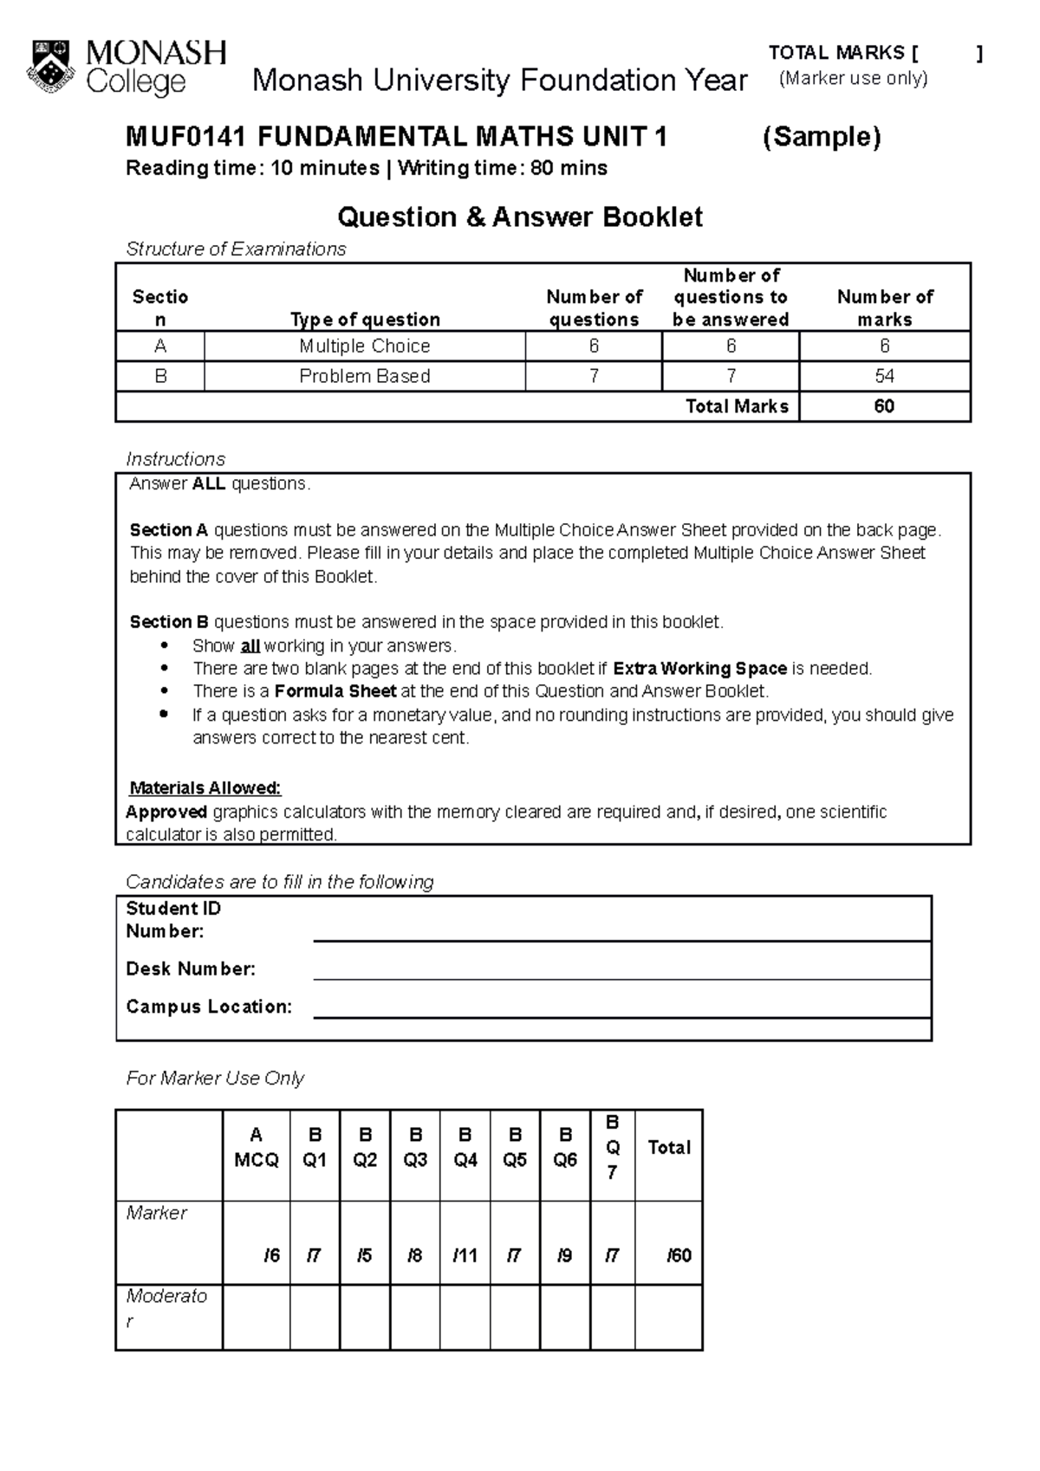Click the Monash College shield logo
click(x=54, y=66)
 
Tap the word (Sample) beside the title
click(x=821, y=137)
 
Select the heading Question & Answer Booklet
click(x=519, y=217)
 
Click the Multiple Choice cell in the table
click(x=364, y=347)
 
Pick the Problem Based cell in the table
click(x=364, y=377)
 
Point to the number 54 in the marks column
click(x=884, y=377)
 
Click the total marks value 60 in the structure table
click(x=884, y=406)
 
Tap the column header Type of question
click(x=365, y=320)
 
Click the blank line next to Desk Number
click(x=621, y=970)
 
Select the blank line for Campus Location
click(x=621, y=1008)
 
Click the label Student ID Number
click(x=173, y=919)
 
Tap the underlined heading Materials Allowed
click(x=205, y=788)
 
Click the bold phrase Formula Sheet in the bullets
click(x=335, y=691)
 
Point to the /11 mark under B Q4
click(x=465, y=1255)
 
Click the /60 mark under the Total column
click(x=679, y=1255)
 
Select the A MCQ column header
click(x=256, y=1147)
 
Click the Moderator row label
click(x=166, y=1308)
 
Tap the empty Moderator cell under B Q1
click(x=315, y=1317)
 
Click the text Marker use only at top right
click(x=853, y=79)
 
